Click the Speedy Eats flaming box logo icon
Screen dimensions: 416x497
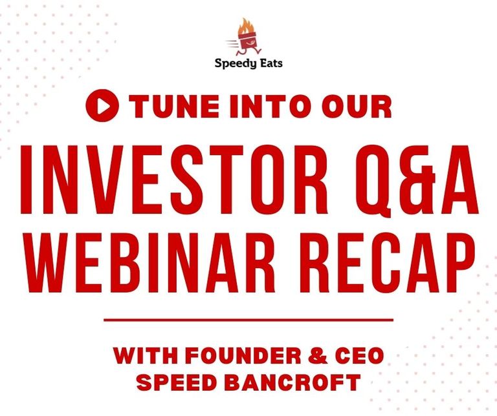click(248, 38)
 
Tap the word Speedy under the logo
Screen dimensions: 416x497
click(234, 63)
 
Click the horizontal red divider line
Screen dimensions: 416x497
click(248, 319)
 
